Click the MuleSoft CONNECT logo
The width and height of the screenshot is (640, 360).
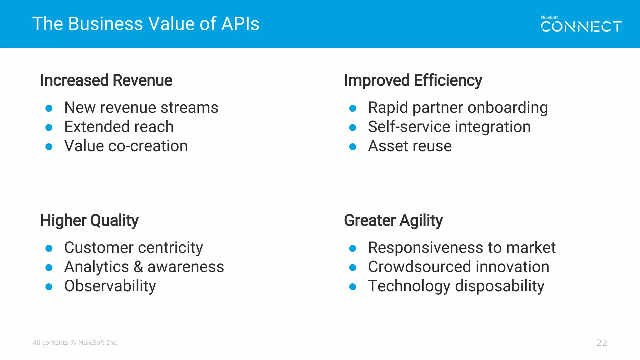point(581,24)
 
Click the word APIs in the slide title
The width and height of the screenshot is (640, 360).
point(240,24)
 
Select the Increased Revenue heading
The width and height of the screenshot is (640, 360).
point(106,80)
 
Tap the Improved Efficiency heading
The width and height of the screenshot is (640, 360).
point(413,80)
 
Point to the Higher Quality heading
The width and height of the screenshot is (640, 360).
point(89,220)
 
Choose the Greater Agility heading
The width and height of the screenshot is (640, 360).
point(393,220)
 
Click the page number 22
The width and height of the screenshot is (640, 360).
point(602,343)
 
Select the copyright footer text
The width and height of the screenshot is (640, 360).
point(75,343)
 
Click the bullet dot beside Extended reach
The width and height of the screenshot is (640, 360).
point(49,127)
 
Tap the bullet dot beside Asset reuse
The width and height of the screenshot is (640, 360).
point(352,147)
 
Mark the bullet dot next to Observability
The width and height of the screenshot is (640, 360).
point(49,287)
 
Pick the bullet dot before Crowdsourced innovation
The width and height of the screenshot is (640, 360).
point(352,267)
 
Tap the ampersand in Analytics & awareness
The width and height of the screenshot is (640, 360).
point(138,267)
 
